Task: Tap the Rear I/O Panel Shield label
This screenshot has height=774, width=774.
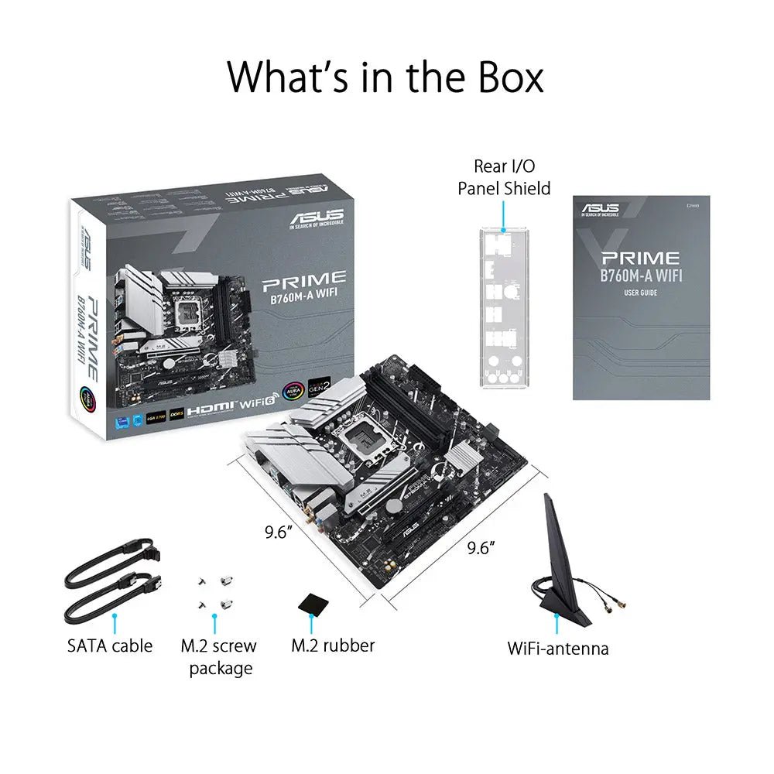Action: click(x=504, y=176)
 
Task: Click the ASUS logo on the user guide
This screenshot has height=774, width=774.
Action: click(x=601, y=209)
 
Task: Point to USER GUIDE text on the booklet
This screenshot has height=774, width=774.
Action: click(x=641, y=293)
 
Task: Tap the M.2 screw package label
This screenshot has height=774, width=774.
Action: click(x=218, y=656)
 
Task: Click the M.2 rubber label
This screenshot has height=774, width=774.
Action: click(x=333, y=646)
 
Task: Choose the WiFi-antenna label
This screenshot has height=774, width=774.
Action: click(x=557, y=648)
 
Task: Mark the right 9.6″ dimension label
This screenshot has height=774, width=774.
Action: click(x=481, y=548)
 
